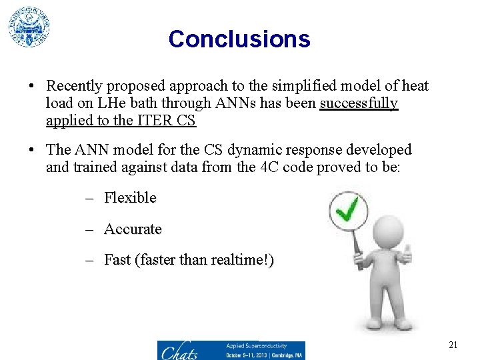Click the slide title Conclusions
click(x=239, y=39)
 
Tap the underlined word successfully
click(x=359, y=103)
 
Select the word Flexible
click(x=130, y=198)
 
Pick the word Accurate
click(x=133, y=229)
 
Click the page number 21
click(x=453, y=345)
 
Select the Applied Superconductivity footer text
click(x=256, y=346)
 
